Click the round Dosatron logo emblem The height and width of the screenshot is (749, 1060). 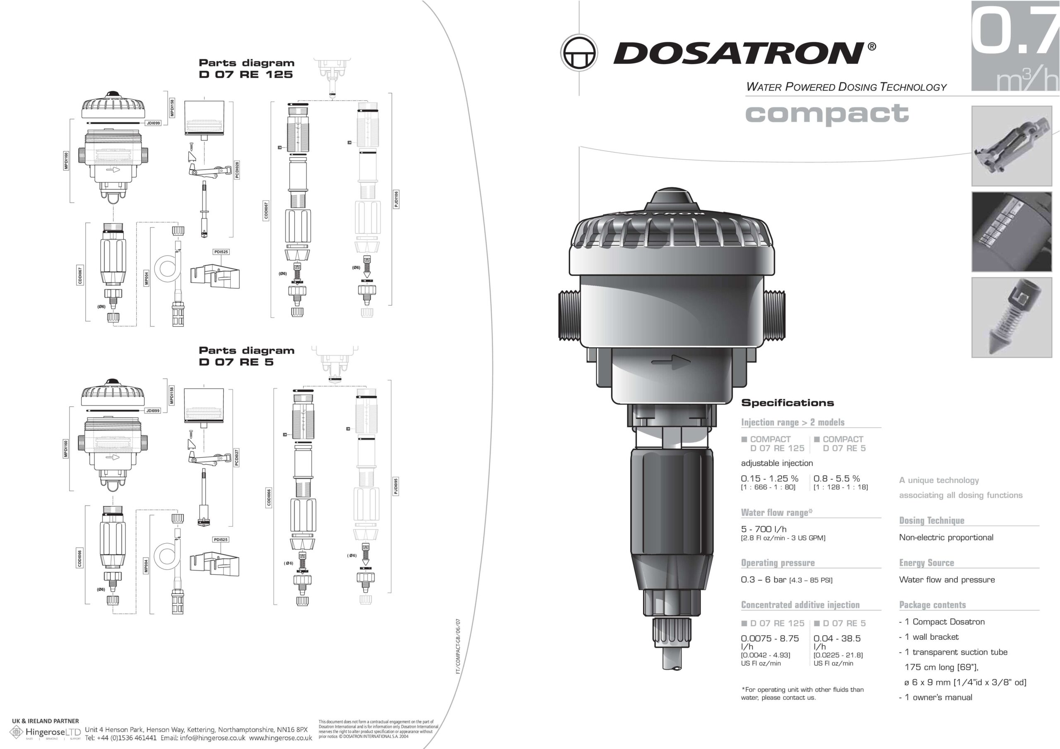[578, 53]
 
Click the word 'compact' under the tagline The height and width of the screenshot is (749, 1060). [826, 113]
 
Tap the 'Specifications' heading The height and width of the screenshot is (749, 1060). [787, 403]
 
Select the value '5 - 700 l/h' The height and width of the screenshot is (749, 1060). [764, 529]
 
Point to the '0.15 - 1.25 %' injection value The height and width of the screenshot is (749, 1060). [769, 478]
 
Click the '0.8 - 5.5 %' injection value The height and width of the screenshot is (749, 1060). [836, 478]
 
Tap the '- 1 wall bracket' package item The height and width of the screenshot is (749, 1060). [929, 637]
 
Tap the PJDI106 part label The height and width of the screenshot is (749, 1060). [396, 199]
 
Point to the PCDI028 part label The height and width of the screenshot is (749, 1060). [237, 170]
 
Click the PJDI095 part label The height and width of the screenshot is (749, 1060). [396, 486]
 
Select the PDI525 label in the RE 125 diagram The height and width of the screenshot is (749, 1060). [221, 252]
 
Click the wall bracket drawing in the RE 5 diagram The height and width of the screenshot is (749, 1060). [214, 564]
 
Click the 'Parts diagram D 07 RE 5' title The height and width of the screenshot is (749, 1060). [246, 356]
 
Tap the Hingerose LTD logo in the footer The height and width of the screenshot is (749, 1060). [46, 732]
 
